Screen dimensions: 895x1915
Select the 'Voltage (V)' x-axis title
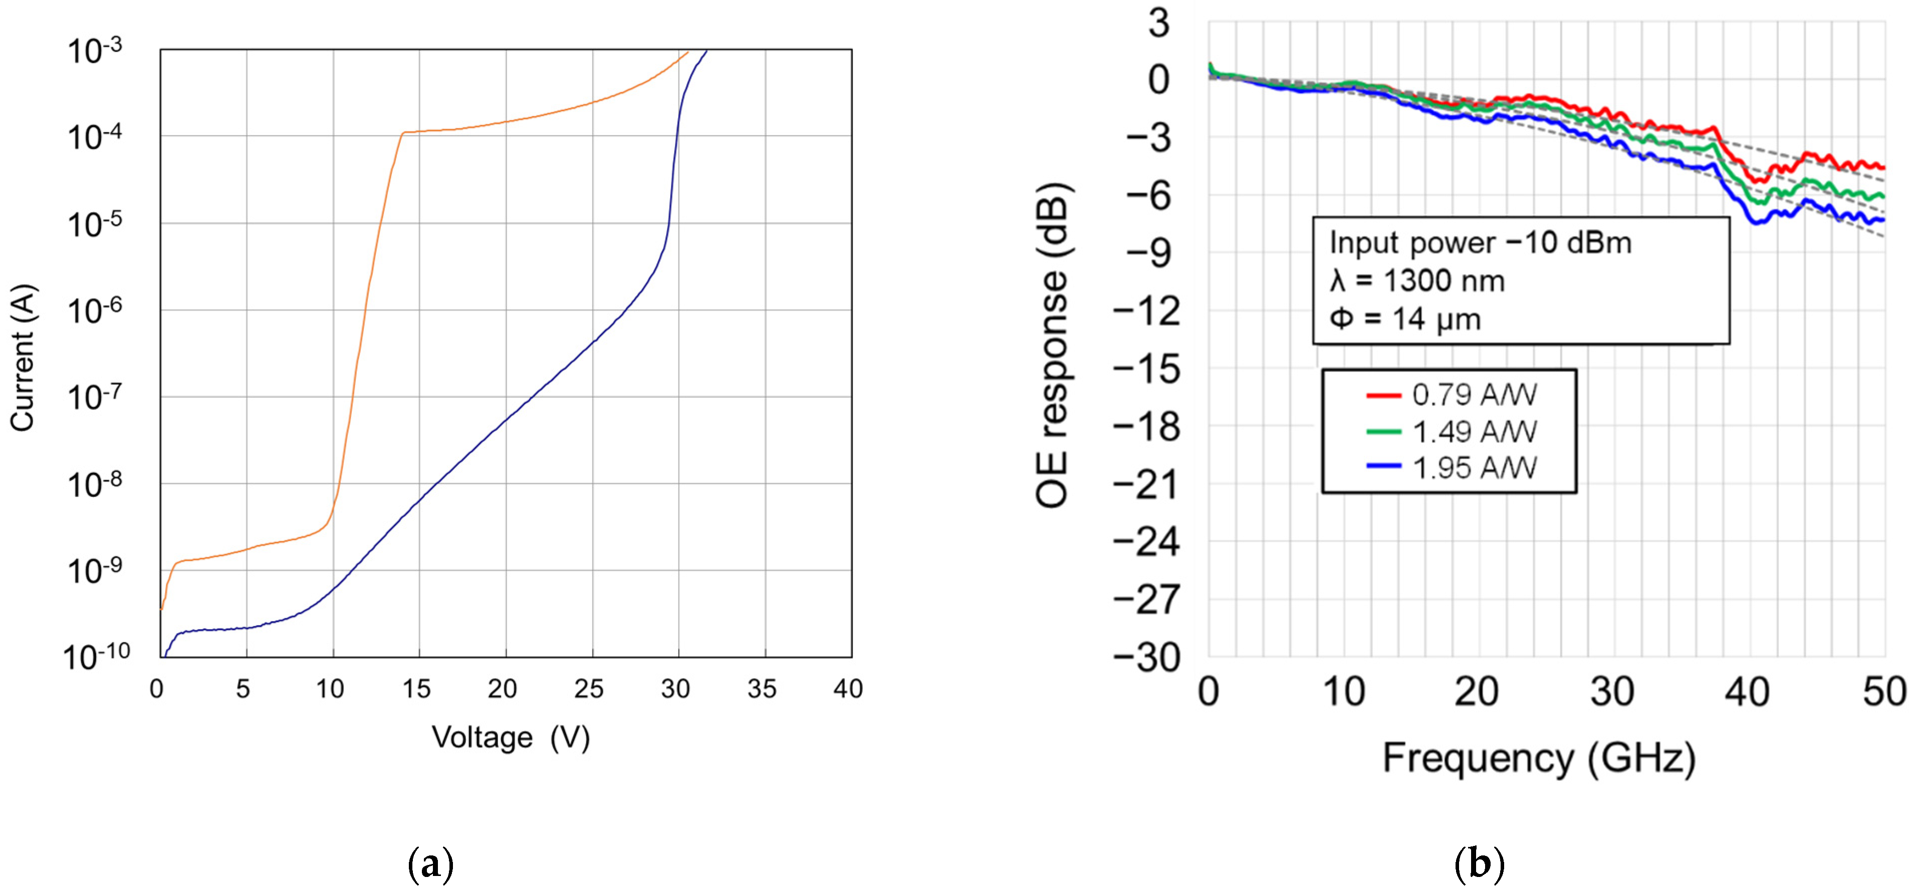tap(511, 737)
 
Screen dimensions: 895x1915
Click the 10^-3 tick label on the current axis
tap(94, 51)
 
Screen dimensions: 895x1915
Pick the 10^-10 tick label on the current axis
tap(96, 657)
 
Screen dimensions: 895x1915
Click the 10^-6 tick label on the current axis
tap(94, 311)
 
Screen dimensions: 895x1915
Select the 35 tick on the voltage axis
tap(762, 689)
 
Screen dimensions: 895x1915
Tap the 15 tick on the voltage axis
tap(416, 689)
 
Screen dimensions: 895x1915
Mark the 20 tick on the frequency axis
tap(1477, 692)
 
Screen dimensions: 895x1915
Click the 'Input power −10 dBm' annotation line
tap(1480, 243)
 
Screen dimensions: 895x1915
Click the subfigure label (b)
tap(1479, 864)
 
